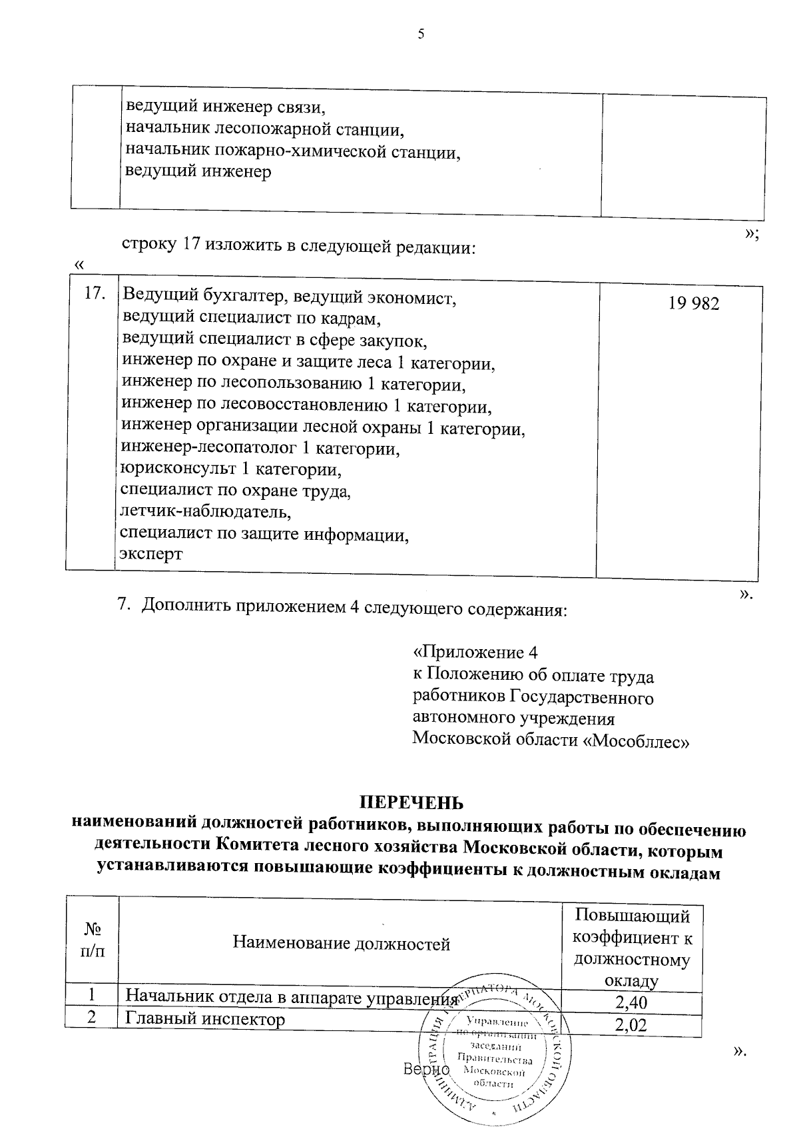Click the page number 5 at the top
(x=420, y=35)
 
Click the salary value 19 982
(x=693, y=304)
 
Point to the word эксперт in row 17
(x=150, y=554)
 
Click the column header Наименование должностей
(x=341, y=944)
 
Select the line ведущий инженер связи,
(x=227, y=106)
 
